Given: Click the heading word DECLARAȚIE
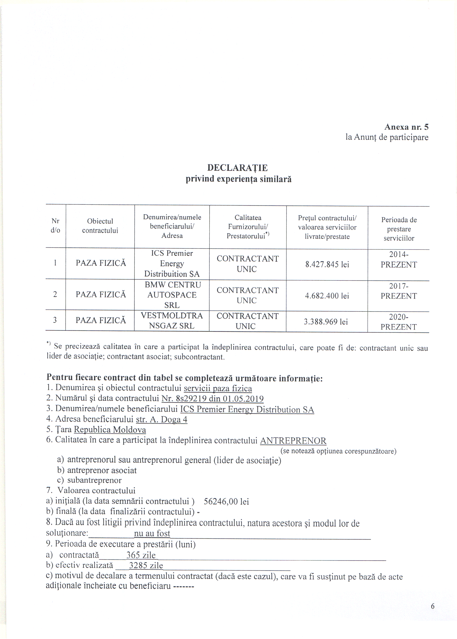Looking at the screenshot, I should coord(237,168).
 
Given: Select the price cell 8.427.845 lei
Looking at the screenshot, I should coord(327,264).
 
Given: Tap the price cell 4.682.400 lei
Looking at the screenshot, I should coord(327,296).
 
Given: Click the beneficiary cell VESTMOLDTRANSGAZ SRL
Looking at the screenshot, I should coord(172,321).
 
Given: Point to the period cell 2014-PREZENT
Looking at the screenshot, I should coord(398,260).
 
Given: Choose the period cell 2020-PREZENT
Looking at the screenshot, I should coord(398,322).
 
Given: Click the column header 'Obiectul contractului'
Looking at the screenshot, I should coord(100,226).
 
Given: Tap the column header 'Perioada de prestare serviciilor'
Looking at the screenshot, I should coord(399,229).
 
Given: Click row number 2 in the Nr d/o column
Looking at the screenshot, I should coord(55,295).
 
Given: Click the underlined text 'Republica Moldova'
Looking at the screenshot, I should coord(110,430).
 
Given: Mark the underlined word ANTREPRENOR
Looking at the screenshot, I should coord(293,440).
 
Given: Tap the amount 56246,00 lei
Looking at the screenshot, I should coord(226,502).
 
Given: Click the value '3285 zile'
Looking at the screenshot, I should coord(146,566).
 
